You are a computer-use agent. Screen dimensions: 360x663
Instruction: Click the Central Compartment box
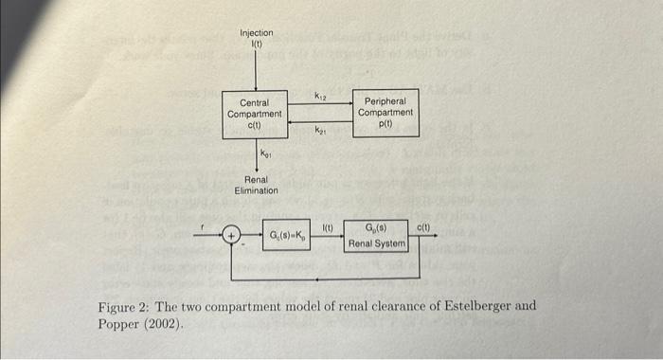click(254, 114)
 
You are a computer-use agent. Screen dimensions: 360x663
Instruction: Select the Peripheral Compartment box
click(385, 112)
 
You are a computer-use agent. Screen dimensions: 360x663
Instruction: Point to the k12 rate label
click(320, 95)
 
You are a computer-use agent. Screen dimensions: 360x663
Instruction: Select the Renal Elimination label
click(256, 184)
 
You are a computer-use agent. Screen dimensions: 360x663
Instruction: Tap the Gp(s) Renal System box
click(377, 236)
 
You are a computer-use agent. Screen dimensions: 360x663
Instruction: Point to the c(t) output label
click(423, 226)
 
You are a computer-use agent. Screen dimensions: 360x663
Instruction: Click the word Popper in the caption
click(117, 323)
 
